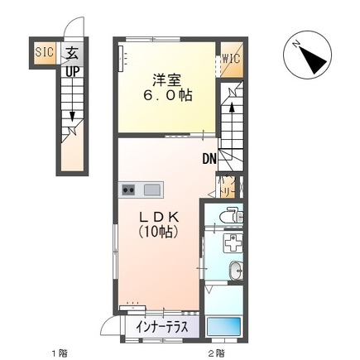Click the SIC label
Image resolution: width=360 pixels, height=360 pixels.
click(x=44, y=51)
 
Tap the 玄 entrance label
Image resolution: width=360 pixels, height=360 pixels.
click(x=72, y=52)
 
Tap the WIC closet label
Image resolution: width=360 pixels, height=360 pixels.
click(x=231, y=60)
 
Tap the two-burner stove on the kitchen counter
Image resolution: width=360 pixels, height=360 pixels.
click(x=129, y=190)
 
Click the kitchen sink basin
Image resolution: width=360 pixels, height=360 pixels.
click(x=151, y=190)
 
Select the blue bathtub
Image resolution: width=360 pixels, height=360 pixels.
click(x=225, y=327)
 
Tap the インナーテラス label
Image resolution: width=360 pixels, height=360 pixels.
click(x=162, y=327)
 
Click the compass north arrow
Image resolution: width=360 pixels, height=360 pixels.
click(x=311, y=55)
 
